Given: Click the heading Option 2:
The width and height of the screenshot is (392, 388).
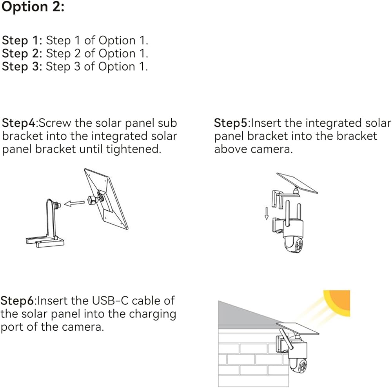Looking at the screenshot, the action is pyautogui.click(x=33, y=7).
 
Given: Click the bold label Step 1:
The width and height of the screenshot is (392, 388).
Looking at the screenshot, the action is pyautogui.click(x=22, y=40).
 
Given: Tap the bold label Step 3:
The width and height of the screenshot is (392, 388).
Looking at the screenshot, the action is pyautogui.click(x=22, y=66).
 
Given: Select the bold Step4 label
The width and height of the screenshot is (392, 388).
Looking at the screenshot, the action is pyautogui.click(x=19, y=123).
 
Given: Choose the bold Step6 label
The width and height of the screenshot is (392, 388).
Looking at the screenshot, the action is pyautogui.click(x=17, y=301).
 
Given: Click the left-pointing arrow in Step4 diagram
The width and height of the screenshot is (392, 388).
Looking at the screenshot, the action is pyautogui.click(x=74, y=203).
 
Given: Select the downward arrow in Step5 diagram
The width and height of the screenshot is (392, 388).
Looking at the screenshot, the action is pyautogui.click(x=267, y=213).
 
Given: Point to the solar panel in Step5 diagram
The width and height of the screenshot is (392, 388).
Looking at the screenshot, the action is pyautogui.click(x=297, y=183).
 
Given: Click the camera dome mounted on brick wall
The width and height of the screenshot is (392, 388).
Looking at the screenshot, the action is pyautogui.click(x=298, y=366).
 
